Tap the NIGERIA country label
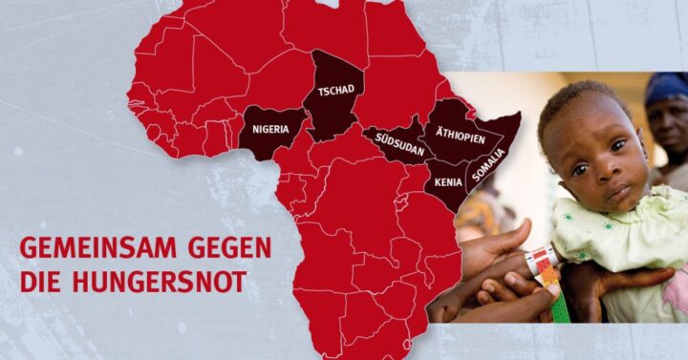tap(272, 128)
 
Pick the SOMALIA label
tap(487, 164)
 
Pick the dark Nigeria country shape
tap(271, 140)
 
